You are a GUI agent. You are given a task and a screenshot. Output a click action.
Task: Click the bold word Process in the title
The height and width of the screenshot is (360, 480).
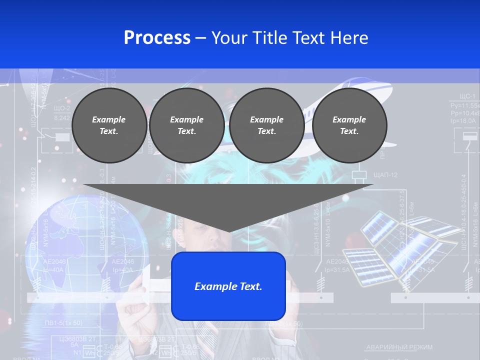(x=157, y=37)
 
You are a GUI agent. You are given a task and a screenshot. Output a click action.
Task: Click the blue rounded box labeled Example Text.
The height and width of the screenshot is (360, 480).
(x=228, y=286)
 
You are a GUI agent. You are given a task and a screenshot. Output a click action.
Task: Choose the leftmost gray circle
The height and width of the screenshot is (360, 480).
(x=109, y=125)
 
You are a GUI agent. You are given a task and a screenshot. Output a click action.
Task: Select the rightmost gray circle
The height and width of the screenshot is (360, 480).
(x=349, y=125)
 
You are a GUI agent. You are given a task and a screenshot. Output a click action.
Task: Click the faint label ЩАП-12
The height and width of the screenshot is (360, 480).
(x=385, y=174)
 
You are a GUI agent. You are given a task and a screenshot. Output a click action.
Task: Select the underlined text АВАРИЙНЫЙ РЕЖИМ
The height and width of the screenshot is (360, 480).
(x=399, y=347)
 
